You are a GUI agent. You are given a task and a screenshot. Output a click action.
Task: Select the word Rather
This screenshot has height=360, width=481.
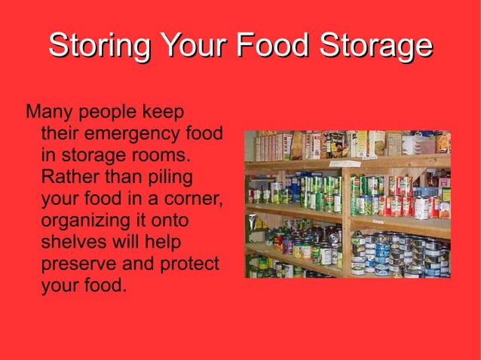click(x=67, y=178)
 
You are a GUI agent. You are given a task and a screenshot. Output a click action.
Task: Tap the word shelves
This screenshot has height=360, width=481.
click(x=75, y=243)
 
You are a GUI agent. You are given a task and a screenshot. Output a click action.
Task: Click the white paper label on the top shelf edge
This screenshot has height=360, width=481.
click(x=345, y=163)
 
